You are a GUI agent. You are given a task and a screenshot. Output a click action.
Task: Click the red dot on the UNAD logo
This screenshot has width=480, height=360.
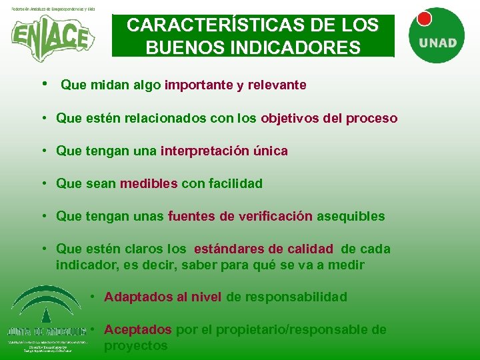(424, 19)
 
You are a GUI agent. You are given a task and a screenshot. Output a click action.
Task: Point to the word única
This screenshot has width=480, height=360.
(270, 151)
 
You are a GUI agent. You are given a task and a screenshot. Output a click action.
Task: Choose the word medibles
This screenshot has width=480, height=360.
(149, 183)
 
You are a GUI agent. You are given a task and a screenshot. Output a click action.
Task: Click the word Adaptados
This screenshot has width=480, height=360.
(137, 297)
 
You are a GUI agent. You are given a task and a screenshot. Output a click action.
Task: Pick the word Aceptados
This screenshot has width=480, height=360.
(138, 330)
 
